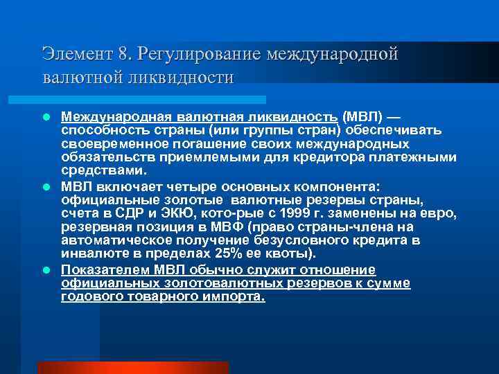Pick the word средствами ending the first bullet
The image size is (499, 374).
coord(103,170)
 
